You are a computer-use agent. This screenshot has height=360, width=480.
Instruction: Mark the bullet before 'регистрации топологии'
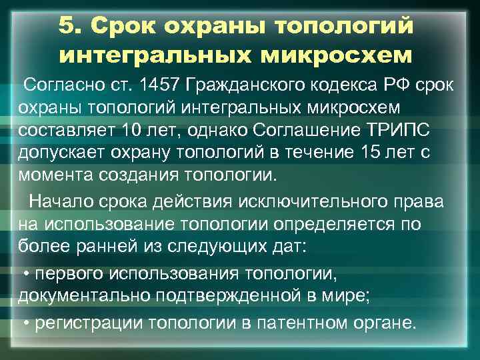pos(26,324)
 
